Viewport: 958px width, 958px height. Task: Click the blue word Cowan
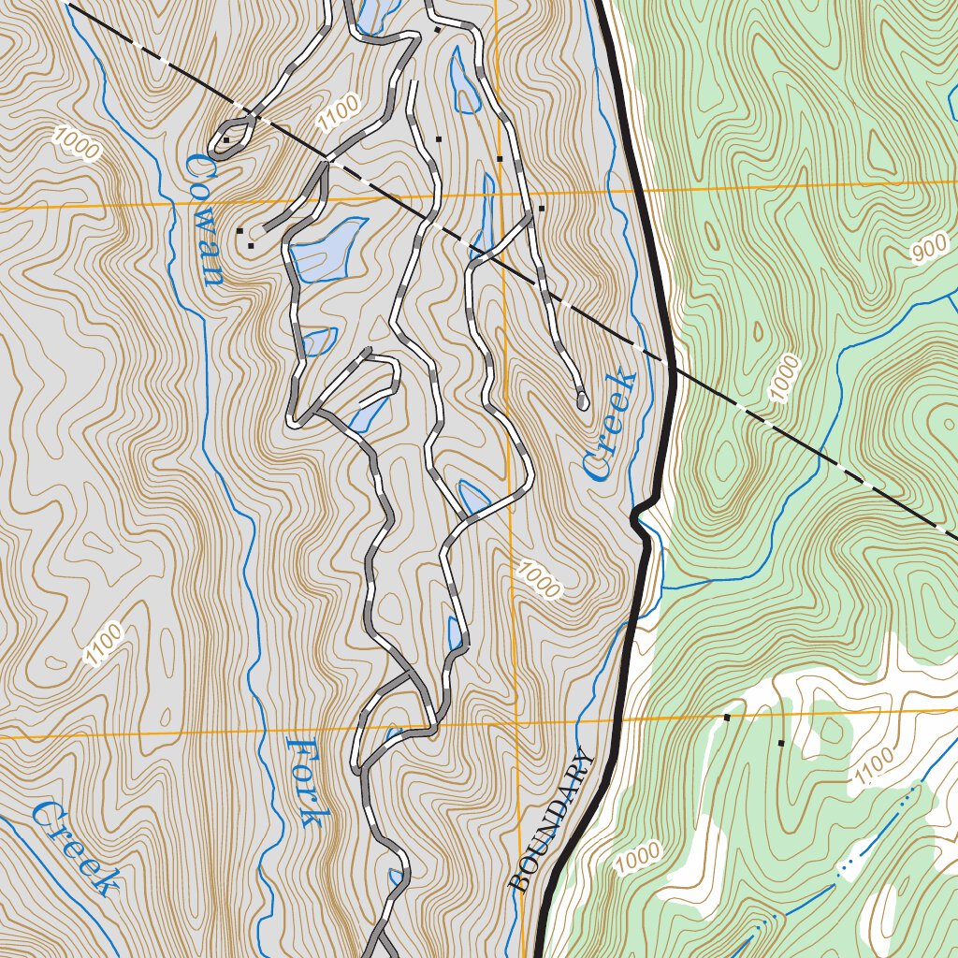point(203,221)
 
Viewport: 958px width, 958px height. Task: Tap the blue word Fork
point(305,782)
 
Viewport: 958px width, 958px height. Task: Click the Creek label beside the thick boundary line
point(609,426)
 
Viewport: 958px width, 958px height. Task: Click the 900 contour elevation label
point(928,250)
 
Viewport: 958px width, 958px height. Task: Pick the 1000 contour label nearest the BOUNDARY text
point(639,858)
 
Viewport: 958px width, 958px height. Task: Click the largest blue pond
point(326,250)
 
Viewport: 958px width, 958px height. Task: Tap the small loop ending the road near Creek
point(582,401)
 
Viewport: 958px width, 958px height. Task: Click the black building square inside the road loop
point(226,141)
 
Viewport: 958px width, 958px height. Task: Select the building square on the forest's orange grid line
point(727,718)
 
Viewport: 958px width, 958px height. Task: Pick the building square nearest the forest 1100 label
point(781,743)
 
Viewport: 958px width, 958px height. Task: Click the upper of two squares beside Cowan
point(239,230)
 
